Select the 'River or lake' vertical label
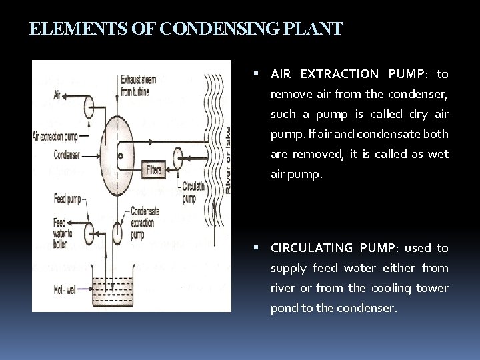tap(227, 160)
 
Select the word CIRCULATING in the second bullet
tap(312, 248)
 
